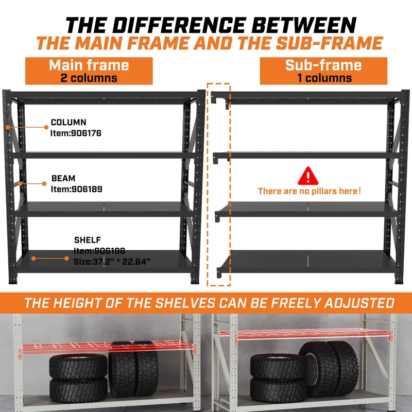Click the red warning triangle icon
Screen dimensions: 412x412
pyautogui.click(x=308, y=176)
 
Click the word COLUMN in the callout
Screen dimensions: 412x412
pyautogui.click(x=68, y=122)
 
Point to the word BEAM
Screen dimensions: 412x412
pyautogui.click(x=63, y=178)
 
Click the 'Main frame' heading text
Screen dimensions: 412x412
pyautogui.click(x=89, y=65)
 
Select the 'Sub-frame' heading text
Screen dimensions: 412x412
pyautogui.click(x=323, y=65)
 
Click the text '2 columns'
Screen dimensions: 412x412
pyautogui.click(x=89, y=78)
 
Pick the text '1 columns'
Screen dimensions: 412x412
pyautogui.click(x=324, y=78)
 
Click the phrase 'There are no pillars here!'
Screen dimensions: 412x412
pyautogui.click(x=310, y=191)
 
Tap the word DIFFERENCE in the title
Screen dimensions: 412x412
pyautogui.click(x=178, y=25)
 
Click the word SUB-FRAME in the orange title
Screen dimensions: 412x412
pyautogui.click(x=330, y=43)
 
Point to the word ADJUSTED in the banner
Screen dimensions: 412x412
pyautogui.click(x=359, y=303)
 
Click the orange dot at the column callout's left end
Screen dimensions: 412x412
pyautogui.click(x=8, y=127)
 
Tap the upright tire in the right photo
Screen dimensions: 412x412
pyautogui.click(x=329, y=369)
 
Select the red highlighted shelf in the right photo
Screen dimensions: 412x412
pyautogui.click(x=305, y=333)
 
